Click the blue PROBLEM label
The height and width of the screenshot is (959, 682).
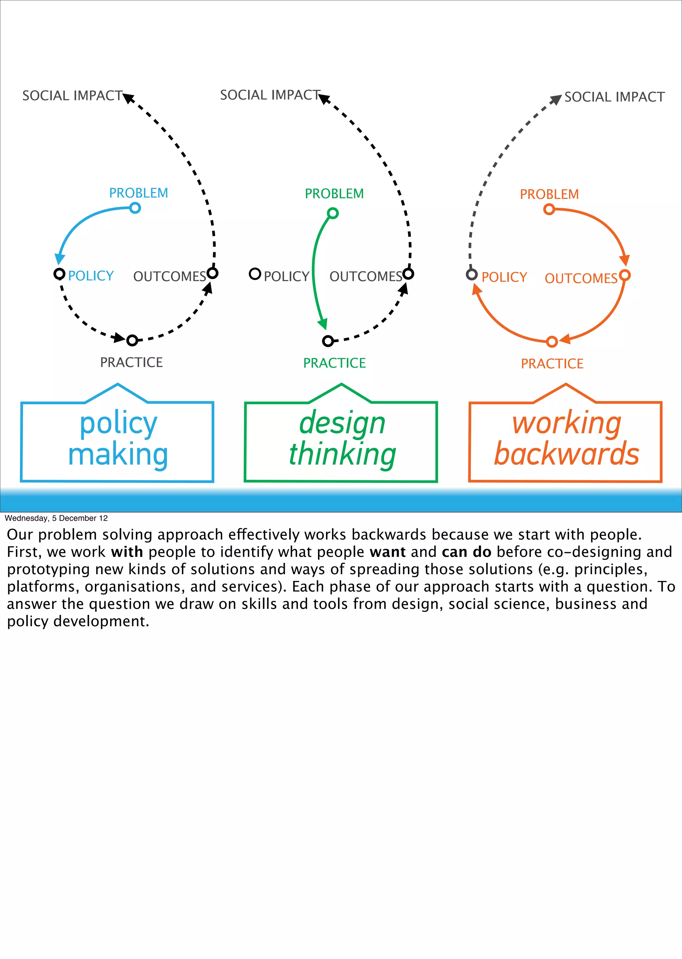pos(139,193)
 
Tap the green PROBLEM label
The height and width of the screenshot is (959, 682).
pos(334,194)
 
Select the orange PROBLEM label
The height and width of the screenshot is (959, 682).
pos(549,194)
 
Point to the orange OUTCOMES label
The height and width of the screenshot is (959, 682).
pos(581,278)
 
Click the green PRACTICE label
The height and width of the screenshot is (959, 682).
pos(334,363)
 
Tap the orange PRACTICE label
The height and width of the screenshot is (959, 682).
pos(552,364)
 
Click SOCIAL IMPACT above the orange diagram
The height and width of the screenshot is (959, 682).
pos(614,97)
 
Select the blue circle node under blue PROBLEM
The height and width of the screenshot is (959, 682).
pos(135,208)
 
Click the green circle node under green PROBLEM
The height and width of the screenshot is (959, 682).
pos(333,213)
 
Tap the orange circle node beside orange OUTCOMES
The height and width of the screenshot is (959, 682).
pos(625,275)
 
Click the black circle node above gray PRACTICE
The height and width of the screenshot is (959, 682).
pos(132,340)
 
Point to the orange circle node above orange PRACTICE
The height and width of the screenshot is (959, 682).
pos(552,342)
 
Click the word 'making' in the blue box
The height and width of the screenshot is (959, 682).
pos(118,454)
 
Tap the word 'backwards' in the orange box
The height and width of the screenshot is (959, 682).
pos(566,454)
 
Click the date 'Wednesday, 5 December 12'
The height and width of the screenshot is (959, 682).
pos(56,518)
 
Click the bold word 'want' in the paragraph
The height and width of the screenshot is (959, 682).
pos(388,552)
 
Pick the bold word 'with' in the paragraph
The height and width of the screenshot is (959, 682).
pos(127,552)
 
